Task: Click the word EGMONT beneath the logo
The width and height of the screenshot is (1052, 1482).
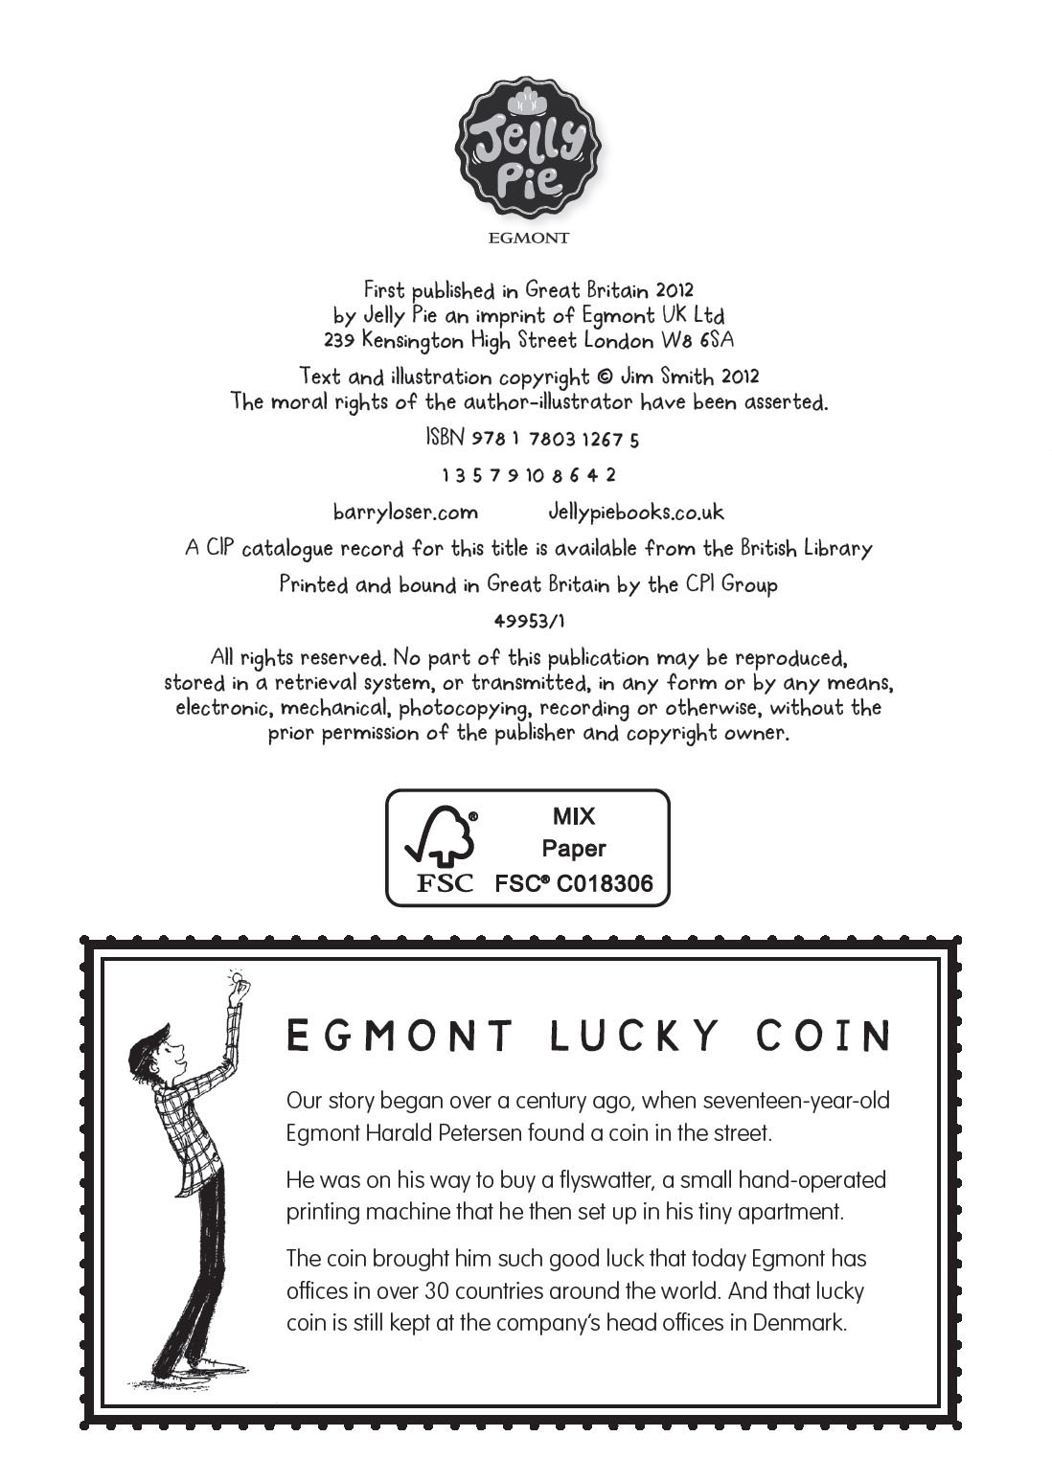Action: [x=528, y=238]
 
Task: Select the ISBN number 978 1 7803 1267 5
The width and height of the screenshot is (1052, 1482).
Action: [x=556, y=440]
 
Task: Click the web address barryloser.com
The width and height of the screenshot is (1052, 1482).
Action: [x=404, y=513]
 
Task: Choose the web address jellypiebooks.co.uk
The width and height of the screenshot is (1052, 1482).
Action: [x=635, y=513]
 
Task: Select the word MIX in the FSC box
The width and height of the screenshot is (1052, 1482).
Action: [x=573, y=816]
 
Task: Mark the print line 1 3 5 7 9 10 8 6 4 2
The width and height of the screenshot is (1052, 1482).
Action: [x=528, y=475]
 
